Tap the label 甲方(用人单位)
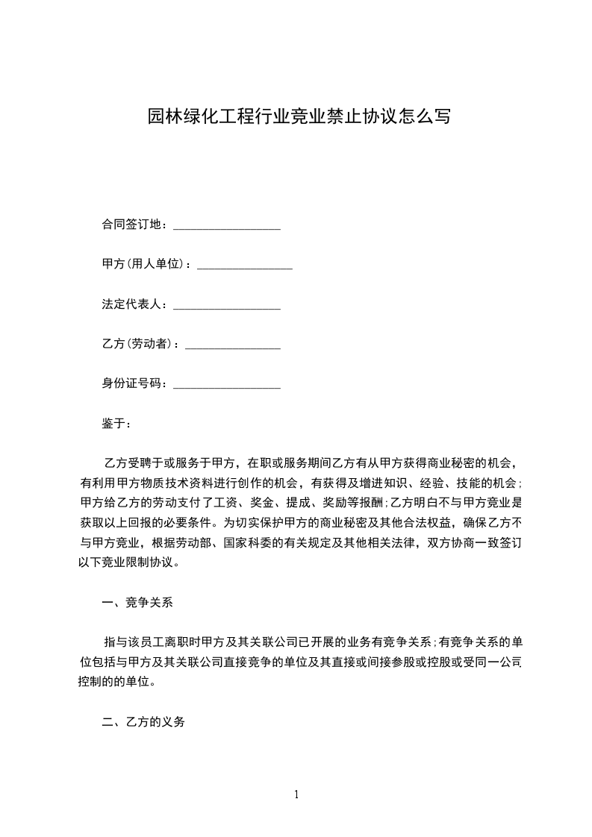click(146, 264)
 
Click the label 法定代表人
click(134, 304)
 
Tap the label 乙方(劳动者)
click(140, 344)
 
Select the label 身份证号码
click(134, 384)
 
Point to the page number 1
click(296, 794)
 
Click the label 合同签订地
click(134, 225)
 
